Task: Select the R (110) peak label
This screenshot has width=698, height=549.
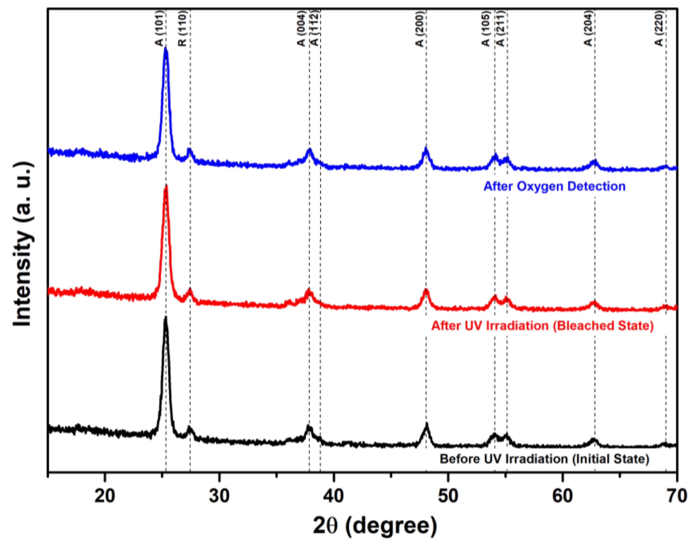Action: [x=183, y=28]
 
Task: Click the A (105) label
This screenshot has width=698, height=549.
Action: [x=486, y=28]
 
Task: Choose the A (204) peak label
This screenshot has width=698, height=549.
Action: [x=588, y=28]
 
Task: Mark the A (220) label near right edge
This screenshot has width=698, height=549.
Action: [x=659, y=28]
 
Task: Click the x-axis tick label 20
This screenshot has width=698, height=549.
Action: [x=105, y=496]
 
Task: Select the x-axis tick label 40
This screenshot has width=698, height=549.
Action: [x=333, y=496]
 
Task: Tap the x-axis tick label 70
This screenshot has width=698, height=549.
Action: [x=676, y=496]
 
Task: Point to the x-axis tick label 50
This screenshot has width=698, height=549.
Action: [x=448, y=496]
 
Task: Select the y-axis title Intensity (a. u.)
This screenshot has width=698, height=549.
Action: [x=23, y=244]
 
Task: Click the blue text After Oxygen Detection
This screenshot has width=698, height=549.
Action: [x=554, y=186]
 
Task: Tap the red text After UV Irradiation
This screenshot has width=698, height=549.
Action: [x=542, y=326]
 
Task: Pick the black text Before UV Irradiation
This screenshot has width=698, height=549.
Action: [x=544, y=459]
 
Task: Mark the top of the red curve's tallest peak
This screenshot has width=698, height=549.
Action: [x=166, y=186]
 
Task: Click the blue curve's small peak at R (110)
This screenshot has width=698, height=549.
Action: [x=189, y=150]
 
